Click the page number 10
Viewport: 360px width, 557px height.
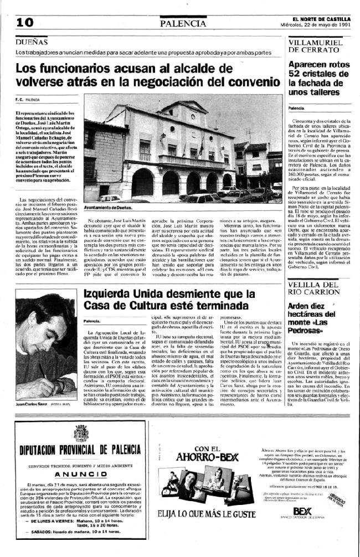point(25,22)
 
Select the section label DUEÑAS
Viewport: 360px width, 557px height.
point(31,42)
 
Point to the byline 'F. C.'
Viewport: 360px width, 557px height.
point(19,100)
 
